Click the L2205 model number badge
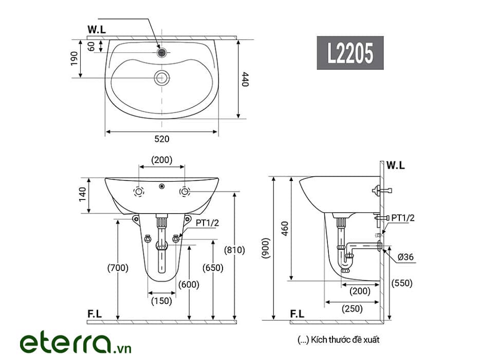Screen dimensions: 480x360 [350, 52]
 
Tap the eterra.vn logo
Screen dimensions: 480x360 [76, 344]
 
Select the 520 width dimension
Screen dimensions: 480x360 [162, 139]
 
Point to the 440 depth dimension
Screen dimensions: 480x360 [245, 79]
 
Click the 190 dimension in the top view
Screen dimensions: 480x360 [74, 59]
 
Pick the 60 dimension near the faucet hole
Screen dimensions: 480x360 [91, 47]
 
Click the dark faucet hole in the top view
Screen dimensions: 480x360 [162, 52]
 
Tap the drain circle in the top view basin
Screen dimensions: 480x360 [162, 78]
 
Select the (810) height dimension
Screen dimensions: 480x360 [234, 250]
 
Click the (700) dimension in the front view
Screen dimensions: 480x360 [118, 268]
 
